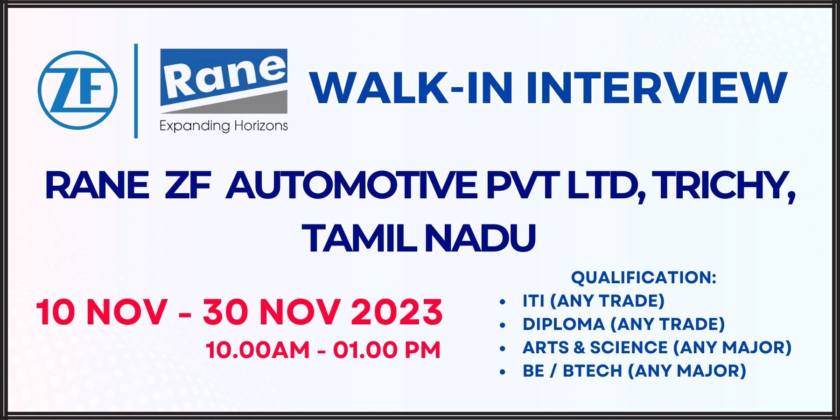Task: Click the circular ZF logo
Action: pyautogui.click(x=77, y=91)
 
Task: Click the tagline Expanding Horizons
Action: pyautogui.click(x=224, y=126)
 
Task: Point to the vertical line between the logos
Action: pyautogui.click(x=136, y=91)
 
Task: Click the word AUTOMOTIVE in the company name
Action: pyautogui.click(x=351, y=185)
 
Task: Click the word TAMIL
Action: pyautogui.click(x=358, y=238)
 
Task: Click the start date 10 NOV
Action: pyautogui.click(x=102, y=312)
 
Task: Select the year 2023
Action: pyautogui.click(x=397, y=312)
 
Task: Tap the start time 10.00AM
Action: pyautogui.click(x=258, y=350)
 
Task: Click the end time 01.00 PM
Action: pyautogui.click(x=387, y=350)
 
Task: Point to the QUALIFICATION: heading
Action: pyautogui.click(x=644, y=278)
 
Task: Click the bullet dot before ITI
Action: pyautogui.click(x=503, y=302)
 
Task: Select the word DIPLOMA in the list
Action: pyautogui.click(x=564, y=324)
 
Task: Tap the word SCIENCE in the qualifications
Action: pyautogui.click(x=629, y=348)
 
